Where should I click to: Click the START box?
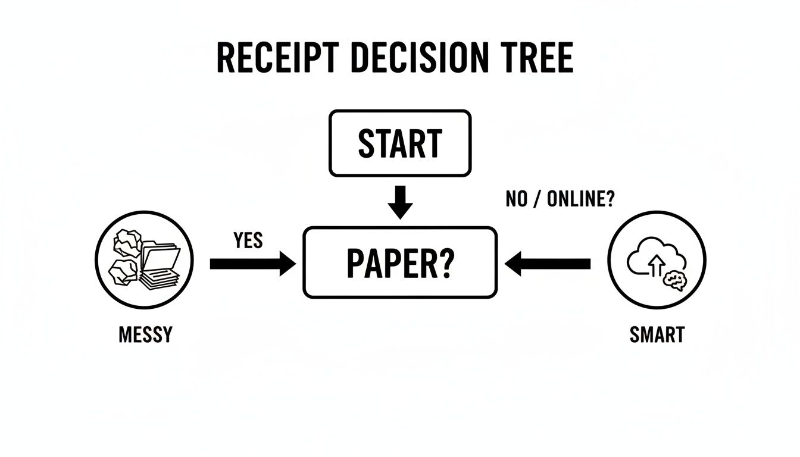pos(400,143)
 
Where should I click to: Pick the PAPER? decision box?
pos(399,262)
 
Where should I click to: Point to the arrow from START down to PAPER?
pos(400,202)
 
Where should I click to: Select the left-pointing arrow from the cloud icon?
pos(547,263)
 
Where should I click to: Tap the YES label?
pos(248,240)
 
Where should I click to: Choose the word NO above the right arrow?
pos(517,200)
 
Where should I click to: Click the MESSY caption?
pos(145,334)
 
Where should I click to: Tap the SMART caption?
pos(657,334)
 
